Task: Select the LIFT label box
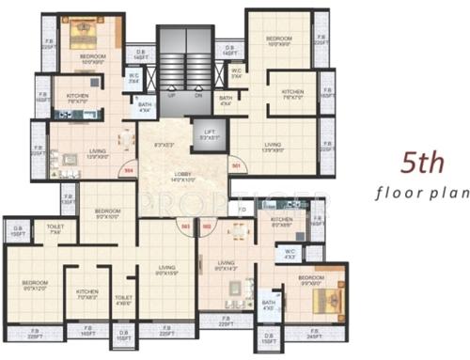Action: (x=210, y=134)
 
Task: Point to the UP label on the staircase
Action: (x=171, y=95)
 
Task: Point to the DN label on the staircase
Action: (x=198, y=95)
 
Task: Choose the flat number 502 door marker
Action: (x=206, y=226)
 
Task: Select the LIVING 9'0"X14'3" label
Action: (x=227, y=266)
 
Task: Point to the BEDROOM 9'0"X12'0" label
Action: (x=36, y=287)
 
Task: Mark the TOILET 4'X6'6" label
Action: (x=123, y=300)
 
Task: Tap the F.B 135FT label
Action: (x=68, y=198)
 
